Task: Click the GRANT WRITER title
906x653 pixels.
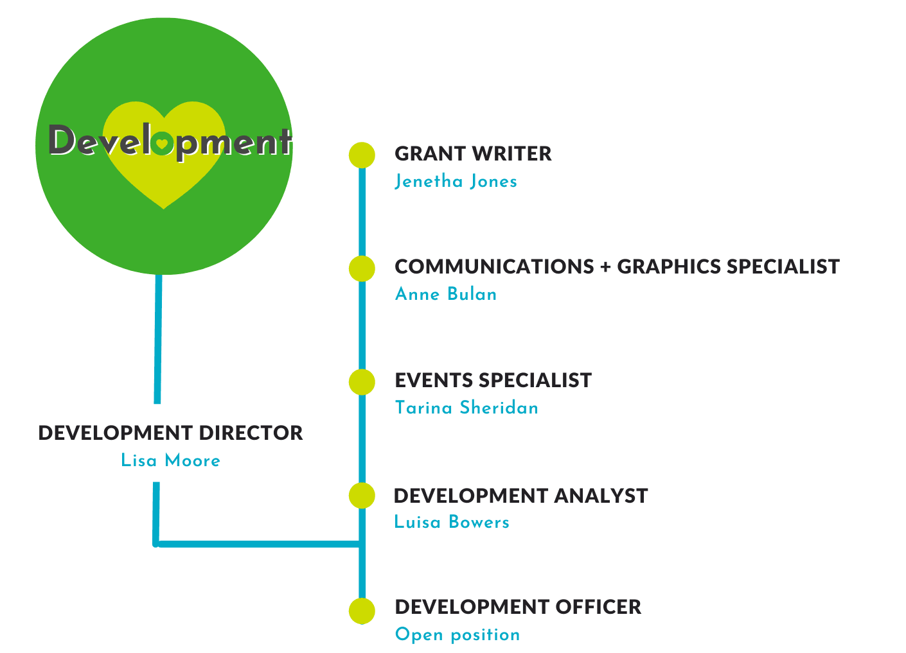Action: click(x=473, y=154)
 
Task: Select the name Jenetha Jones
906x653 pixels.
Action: click(x=456, y=181)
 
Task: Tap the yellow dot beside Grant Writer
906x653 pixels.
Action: click(x=362, y=155)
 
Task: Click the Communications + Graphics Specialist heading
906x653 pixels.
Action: click(x=617, y=266)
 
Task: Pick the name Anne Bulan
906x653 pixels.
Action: click(x=446, y=294)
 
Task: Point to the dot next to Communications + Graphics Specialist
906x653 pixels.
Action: click(x=362, y=268)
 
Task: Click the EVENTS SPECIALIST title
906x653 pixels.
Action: click(x=493, y=380)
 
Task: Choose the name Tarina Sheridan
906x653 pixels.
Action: click(x=466, y=407)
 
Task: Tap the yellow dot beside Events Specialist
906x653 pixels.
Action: click(x=362, y=382)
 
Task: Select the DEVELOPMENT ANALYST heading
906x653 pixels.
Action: click(x=520, y=496)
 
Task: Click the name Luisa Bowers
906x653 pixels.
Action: click(x=451, y=521)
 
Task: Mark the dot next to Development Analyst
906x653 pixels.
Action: click(x=362, y=496)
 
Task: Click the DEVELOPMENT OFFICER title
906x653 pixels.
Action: click(x=518, y=607)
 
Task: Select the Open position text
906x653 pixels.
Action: click(x=457, y=635)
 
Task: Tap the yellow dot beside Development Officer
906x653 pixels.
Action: click(x=362, y=611)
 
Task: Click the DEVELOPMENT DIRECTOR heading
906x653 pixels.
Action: click(x=170, y=433)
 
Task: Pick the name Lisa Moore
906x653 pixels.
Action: click(x=170, y=460)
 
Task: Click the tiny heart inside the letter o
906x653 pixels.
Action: click(x=162, y=143)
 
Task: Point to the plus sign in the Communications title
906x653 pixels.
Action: click(x=605, y=267)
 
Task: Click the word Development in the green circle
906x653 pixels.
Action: click(x=170, y=141)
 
